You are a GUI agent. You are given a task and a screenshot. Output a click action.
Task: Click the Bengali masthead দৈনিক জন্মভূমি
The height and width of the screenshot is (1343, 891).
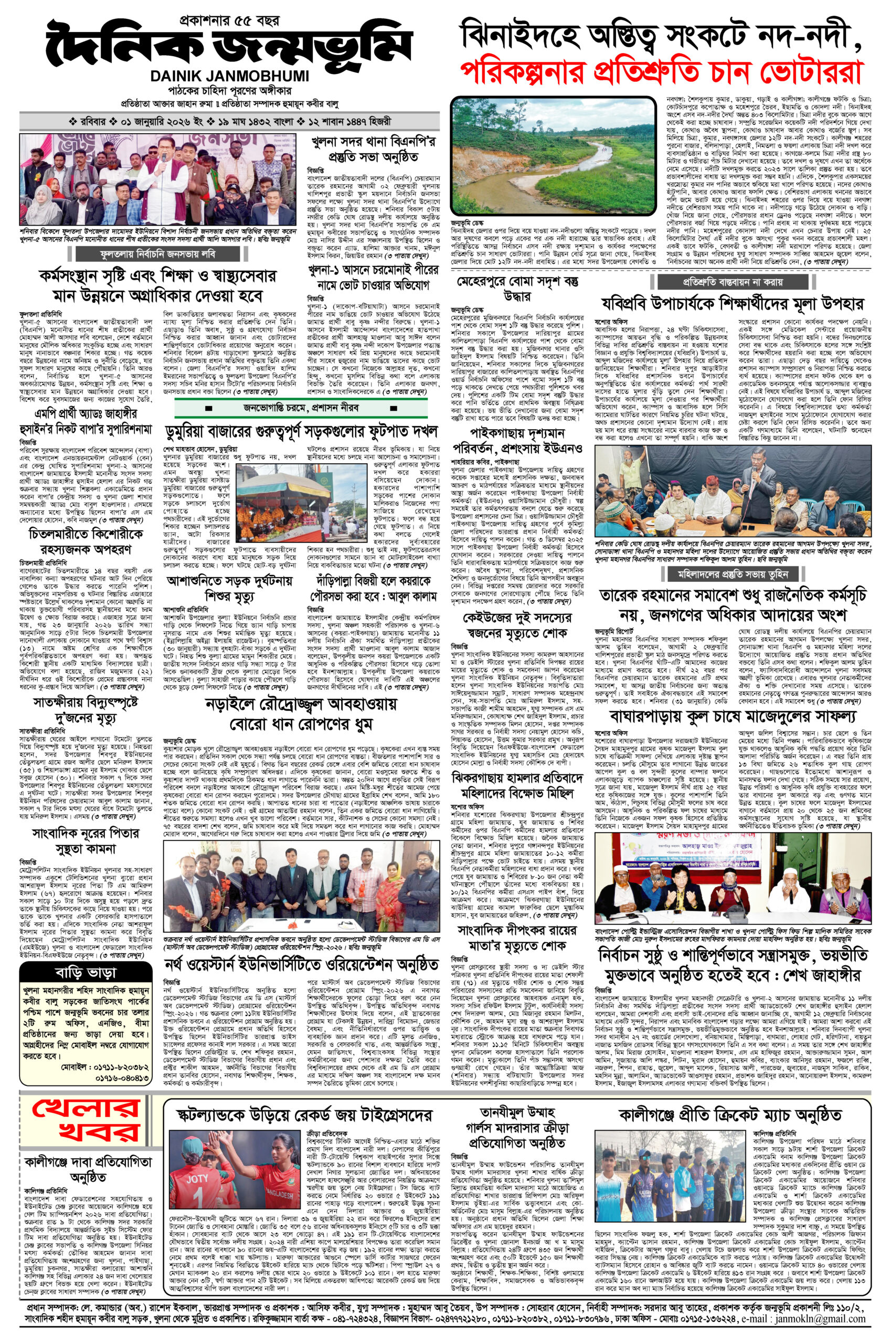click(226, 44)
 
